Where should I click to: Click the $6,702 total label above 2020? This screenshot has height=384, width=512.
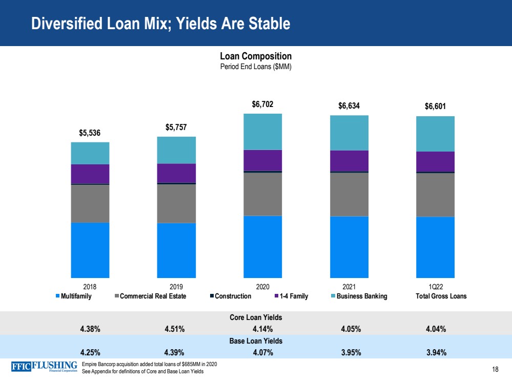pyautogui.click(x=262, y=104)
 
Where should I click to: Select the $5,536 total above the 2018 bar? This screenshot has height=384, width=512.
pyautogui.click(x=90, y=133)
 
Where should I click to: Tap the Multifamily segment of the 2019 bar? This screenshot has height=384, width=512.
pyautogui.click(x=176, y=250)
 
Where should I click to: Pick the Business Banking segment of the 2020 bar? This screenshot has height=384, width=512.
pyautogui.click(x=262, y=132)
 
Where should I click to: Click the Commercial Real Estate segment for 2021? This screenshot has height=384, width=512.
pyautogui.click(x=349, y=194)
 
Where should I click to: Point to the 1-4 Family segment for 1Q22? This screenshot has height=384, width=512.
pyautogui.click(x=435, y=161)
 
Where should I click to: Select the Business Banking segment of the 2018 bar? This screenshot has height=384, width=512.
pyautogui.click(x=90, y=153)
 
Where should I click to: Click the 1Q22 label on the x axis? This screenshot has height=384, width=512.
pyautogui.click(x=435, y=287)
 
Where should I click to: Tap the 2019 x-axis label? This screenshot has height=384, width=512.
pyautogui.click(x=176, y=287)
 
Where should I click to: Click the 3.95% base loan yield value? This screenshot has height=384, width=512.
pyautogui.click(x=351, y=352)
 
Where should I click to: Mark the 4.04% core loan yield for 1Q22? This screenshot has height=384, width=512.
pyautogui.click(x=435, y=329)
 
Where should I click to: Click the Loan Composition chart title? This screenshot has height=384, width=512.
pyautogui.click(x=256, y=56)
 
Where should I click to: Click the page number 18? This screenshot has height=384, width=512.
pyautogui.click(x=495, y=369)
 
